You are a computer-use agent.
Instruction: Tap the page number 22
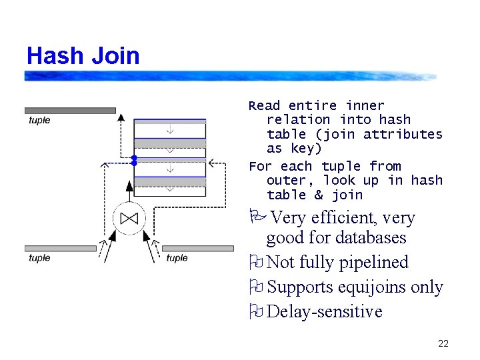(x=443, y=344)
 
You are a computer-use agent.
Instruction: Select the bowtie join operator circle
(x=129, y=218)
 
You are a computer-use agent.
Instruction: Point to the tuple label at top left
(x=39, y=121)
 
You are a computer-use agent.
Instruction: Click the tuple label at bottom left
(x=39, y=258)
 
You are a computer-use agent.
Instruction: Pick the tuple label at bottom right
(x=177, y=258)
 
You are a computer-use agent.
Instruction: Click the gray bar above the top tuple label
(x=70, y=110)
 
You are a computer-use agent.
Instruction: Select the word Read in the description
(x=265, y=106)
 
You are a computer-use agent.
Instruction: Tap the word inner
(x=365, y=106)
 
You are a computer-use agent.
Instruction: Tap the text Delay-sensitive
(x=324, y=312)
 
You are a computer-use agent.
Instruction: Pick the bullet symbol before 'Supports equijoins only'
(x=255, y=287)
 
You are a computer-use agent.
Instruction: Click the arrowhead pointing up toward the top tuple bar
(x=121, y=117)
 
